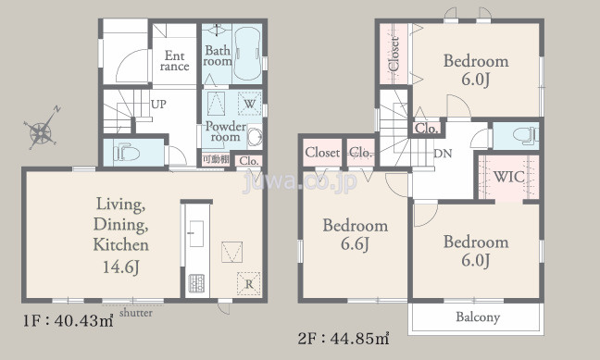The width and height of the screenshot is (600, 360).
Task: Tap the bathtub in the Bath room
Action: click(247, 53)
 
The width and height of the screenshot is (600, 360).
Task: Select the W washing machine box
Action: click(249, 104)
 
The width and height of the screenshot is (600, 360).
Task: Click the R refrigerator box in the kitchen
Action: click(249, 283)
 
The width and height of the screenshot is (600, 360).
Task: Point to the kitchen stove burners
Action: click(196, 283)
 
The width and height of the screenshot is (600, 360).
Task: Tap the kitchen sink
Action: click(196, 233)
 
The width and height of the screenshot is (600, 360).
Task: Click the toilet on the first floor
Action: click(126, 153)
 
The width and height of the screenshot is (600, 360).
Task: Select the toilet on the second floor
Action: click(525, 136)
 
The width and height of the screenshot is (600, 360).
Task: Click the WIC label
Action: click(509, 177)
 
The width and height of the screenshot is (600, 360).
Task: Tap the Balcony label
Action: click(478, 317)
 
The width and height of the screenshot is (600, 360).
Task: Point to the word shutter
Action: click(136, 313)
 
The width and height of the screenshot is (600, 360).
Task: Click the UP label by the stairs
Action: click(158, 104)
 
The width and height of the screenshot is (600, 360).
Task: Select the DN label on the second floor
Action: click(444, 154)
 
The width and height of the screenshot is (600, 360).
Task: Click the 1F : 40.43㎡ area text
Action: click(69, 320)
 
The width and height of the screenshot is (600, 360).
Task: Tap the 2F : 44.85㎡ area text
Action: click(344, 338)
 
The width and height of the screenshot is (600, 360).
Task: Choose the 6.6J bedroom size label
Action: click(356, 244)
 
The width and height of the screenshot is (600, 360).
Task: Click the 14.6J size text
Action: click(120, 267)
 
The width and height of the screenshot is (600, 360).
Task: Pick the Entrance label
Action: click(174, 61)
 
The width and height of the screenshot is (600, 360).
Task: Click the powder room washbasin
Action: click(255, 136)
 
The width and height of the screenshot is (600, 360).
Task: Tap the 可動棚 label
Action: click(216, 159)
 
